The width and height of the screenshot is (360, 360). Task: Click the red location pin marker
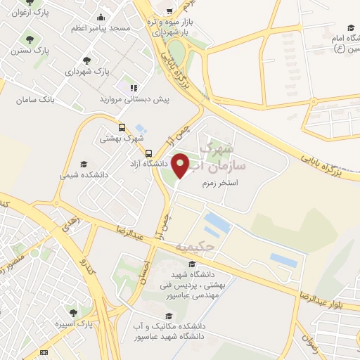click(181, 165)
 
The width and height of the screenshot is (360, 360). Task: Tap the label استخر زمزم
click(218, 183)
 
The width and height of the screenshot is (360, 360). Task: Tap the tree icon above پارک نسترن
click(29, 39)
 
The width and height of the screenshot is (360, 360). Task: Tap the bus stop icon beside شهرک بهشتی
click(122, 128)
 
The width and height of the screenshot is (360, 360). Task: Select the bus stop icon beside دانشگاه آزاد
click(148, 153)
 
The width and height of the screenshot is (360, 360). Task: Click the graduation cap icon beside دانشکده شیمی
click(84, 164)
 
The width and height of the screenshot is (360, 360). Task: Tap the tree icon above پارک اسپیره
click(72, 311)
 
